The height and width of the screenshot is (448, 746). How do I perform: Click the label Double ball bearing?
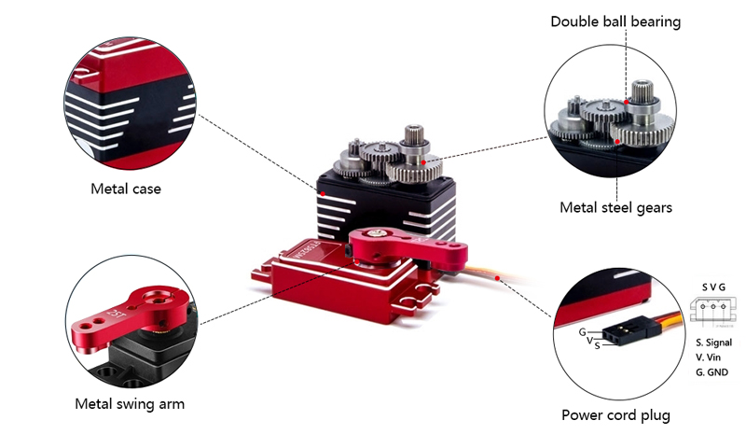[x=615, y=21]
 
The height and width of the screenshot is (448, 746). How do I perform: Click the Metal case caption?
[x=126, y=189]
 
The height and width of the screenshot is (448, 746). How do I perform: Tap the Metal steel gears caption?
[x=615, y=207]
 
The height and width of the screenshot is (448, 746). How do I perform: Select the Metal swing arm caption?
[x=130, y=404]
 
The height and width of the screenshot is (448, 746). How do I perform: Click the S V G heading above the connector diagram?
[x=712, y=287]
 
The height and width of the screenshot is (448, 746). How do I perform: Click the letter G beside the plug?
[x=582, y=331]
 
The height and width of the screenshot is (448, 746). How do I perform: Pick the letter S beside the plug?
[x=596, y=346]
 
